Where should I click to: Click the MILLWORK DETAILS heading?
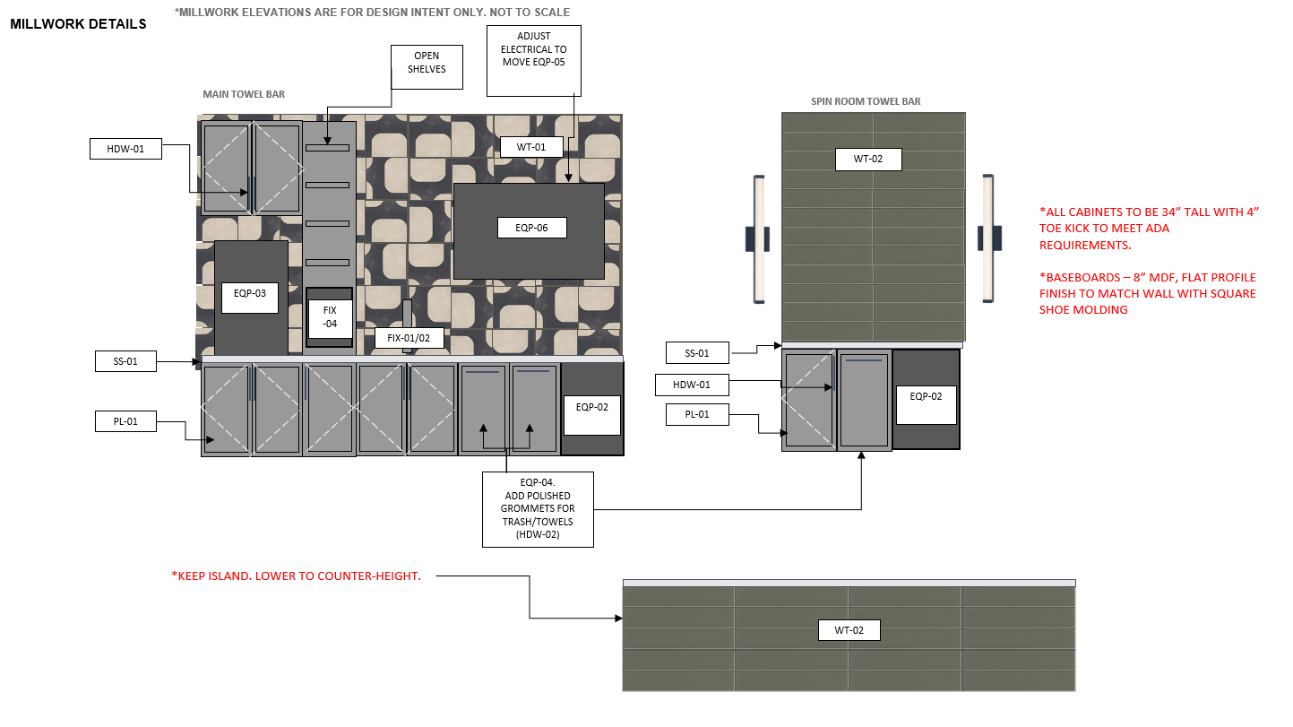coord(78,24)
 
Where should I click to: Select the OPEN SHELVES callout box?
coord(427,67)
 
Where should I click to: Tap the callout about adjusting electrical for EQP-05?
coord(533,61)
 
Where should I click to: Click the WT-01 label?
coord(531,147)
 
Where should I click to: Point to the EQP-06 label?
coord(531,228)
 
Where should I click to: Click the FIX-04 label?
coord(330,318)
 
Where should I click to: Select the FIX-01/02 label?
coord(409,338)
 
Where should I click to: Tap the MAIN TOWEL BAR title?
coord(244,94)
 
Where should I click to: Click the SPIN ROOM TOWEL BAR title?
coord(866,101)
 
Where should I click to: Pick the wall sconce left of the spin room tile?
coord(758,239)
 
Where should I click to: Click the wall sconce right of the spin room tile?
coord(989,238)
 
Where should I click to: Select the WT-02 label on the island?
coord(849,630)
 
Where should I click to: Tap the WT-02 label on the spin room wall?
coord(868,159)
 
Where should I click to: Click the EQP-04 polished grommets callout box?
coord(538,509)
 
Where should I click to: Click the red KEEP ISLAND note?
coord(296,576)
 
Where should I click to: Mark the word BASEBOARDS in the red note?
coord(1080,277)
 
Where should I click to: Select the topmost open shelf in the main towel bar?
coord(327,148)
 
